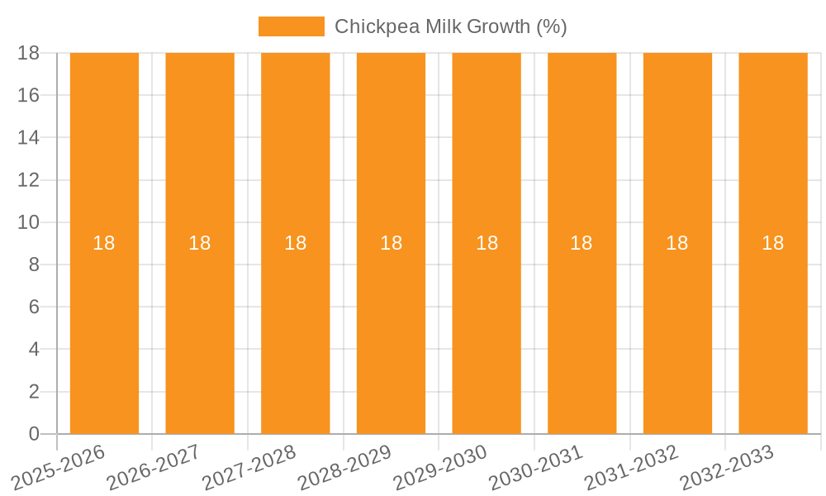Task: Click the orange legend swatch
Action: [x=291, y=26]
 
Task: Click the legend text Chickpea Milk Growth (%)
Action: [x=450, y=26]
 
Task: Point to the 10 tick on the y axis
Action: [x=28, y=222]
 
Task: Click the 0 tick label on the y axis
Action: [x=34, y=434]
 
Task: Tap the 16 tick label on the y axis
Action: [x=28, y=95]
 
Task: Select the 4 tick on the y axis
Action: [x=34, y=350]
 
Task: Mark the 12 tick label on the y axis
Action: [x=28, y=180]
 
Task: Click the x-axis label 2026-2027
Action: [x=154, y=467]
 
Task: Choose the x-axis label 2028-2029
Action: [x=344, y=467]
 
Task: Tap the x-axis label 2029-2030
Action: [x=440, y=467]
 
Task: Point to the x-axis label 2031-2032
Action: [x=631, y=467]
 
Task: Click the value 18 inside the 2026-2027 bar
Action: [x=200, y=243]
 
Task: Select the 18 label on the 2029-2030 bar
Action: [x=487, y=243]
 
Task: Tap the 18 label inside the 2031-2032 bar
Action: [x=677, y=243]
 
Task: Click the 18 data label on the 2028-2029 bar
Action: [x=391, y=243]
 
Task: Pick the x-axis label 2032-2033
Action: [x=727, y=467]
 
